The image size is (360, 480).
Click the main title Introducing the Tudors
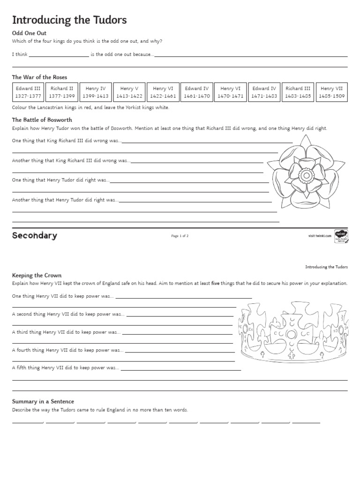pyautogui.click(x=69, y=20)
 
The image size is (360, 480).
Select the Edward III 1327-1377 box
pyautogui.click(x=28, y=92)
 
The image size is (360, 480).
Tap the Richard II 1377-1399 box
pyautogui.click(x=62, y=92)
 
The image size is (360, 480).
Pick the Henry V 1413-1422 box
pyautogui.click(x=129, y=92)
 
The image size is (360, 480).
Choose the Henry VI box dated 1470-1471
pyautogui.click(x=231, y=92)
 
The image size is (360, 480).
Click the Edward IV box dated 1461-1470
pyautogui.click(x=197, y=92)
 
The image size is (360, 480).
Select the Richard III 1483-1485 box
pyautogui.click(x=298, y=92)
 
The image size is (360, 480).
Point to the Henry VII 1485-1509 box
pyautogui.click(x=331, y=92)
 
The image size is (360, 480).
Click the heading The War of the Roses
pyautogui.click(x=39, y=77)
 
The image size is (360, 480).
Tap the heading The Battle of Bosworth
pyautogui.click(x=42, y=120)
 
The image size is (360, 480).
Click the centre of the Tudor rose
pyautogui.click(x=306, y=175)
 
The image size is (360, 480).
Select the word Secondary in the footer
pyautogui.click(x=35, y=235)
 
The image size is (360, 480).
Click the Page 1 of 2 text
pyautogui.click(x=180, y=236)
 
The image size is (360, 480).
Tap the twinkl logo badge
pyautogui.click(x=340, y=235)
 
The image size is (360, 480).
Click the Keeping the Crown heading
pyautogui.click(x=37, y=275)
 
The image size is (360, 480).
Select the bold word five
pyautogui.click(x=216, y=284)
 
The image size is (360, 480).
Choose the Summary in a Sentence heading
pyautogui.click(x=43, y=401)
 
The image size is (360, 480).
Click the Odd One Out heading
pyautogui.click(x=29, y=33)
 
